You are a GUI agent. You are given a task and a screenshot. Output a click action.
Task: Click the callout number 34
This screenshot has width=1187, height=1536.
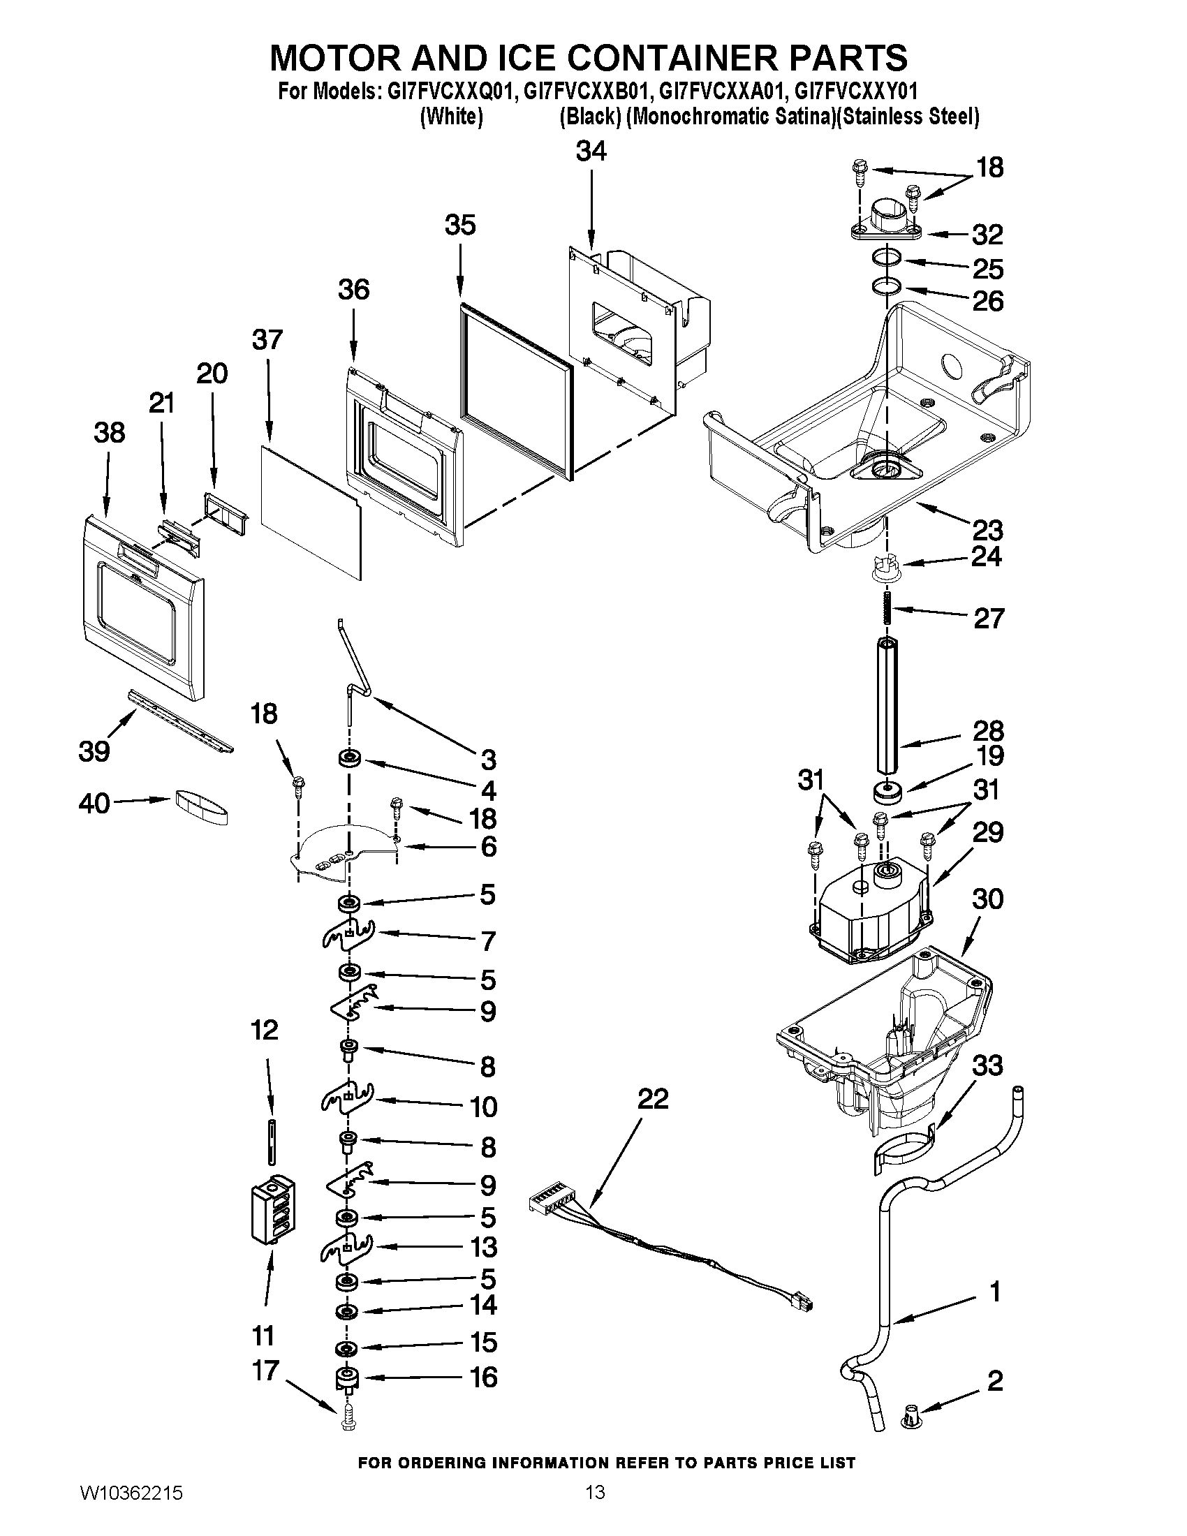click(x=591, y=152)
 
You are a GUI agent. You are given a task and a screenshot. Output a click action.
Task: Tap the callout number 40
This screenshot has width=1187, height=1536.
click(x=94, y=803)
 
